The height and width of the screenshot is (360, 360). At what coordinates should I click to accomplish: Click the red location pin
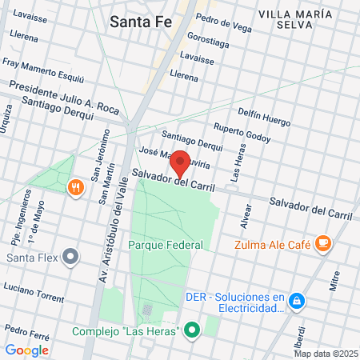[x=181, y=162]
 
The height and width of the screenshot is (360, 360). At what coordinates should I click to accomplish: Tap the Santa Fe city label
[x=141, y=22]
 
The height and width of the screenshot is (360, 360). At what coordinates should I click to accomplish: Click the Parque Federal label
[x=166, y=244]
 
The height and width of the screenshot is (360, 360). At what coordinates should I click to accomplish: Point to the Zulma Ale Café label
[x=272, y=245]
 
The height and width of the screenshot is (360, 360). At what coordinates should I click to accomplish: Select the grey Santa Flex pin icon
[x=70, y=258]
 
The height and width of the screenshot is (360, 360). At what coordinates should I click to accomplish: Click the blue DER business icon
[x=296, y=301]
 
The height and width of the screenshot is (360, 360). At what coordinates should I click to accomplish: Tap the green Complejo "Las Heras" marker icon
[x=191, y=330]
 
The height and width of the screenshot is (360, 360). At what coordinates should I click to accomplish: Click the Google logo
[x=26, y=350]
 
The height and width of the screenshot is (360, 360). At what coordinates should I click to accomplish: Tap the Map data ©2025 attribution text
[x=325, y=354]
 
